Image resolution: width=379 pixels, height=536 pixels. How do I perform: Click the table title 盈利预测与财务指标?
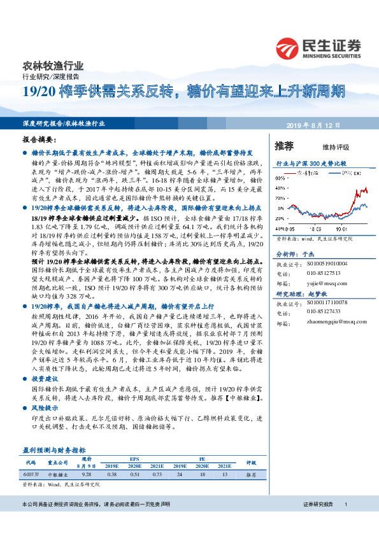(54, 449)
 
